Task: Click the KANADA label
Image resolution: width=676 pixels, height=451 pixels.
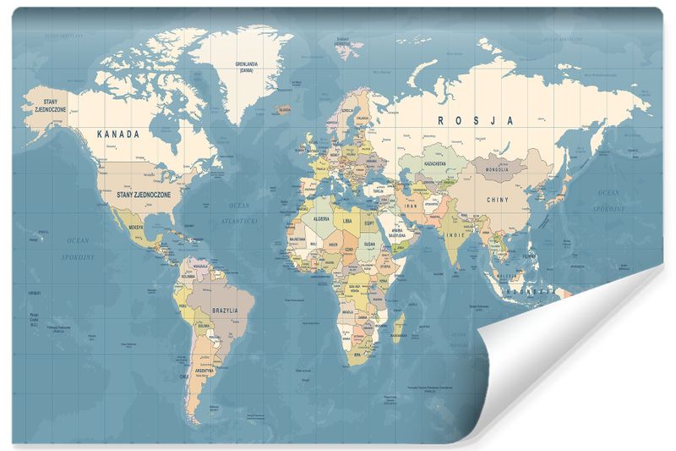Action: pos(118,134)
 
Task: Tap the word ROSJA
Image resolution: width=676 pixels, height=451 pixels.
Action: pos(475,121)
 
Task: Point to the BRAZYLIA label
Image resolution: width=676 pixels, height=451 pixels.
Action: pos(231,311)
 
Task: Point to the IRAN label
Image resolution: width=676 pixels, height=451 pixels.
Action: pos(412,206)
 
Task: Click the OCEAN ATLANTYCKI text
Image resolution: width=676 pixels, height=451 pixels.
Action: pos(240,212)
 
